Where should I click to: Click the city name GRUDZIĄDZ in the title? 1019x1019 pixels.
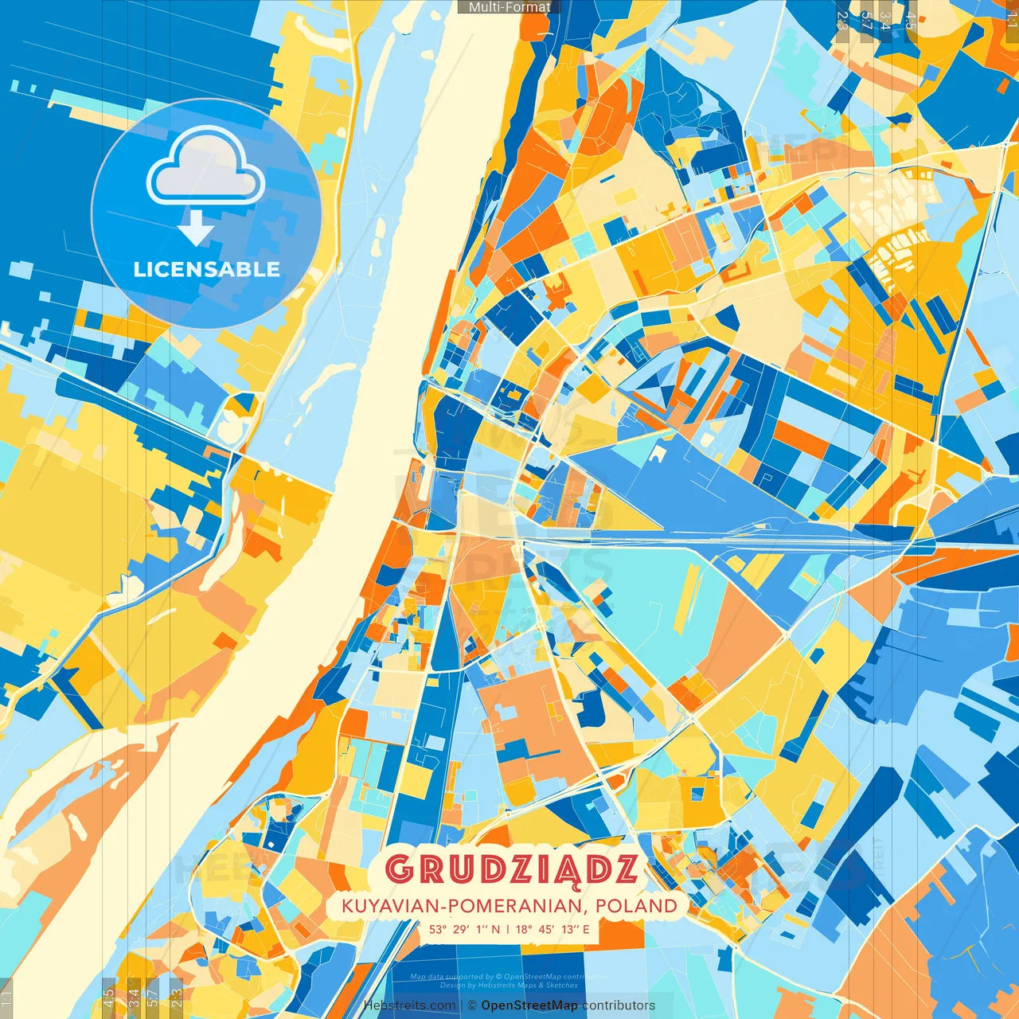pos(511,869)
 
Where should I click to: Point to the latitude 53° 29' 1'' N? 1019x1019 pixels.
pos(465,928)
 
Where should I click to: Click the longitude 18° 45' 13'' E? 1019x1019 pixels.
pos(552,928)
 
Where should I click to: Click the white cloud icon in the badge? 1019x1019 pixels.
pos(205,167)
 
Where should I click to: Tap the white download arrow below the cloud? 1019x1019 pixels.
pos(196,228)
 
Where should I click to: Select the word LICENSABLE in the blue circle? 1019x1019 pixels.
pos(206,269)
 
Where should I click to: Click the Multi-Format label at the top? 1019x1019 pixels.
pos(509,7)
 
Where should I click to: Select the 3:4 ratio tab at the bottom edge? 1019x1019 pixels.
pos(134,997)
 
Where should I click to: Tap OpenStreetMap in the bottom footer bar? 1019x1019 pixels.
pos(529,1005)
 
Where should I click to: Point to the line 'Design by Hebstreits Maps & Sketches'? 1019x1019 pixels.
pos(509,985)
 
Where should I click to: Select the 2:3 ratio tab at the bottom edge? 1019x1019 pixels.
pos(177,997)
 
